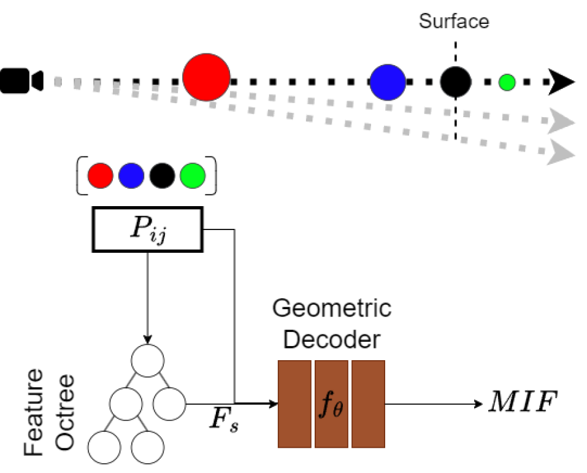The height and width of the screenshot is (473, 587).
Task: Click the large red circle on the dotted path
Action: tap(206, 77)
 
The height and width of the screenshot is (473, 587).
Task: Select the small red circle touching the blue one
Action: tap(100, 176)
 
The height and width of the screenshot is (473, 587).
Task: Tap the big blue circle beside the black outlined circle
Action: tap(388, 82)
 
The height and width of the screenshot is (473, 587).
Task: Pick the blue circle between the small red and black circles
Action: tap(131, 176)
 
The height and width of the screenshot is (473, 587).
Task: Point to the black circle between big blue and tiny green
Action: tap(455, 82)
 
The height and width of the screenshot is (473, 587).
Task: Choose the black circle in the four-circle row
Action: tap(162, 176)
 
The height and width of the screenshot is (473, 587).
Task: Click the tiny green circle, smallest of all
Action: tap(507, 82)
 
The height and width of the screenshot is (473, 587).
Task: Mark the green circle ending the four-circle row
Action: tap(193, 176)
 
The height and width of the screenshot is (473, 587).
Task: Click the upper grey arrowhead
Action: tap(560, 121)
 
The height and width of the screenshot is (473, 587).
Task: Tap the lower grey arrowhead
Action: tap(560, 152)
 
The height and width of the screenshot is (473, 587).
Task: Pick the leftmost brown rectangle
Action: tap(294, 404)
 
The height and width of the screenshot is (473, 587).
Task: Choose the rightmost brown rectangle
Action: tap(368, 404)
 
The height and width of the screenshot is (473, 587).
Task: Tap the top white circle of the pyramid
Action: tap(148, 361)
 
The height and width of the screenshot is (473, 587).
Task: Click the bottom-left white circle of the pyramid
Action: tap(104, 447)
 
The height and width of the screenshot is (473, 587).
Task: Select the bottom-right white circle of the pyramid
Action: tap(148, 447)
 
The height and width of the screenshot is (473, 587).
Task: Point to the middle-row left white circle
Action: tap(126, 404)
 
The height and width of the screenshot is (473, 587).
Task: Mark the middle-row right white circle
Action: tap(169, 404)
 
